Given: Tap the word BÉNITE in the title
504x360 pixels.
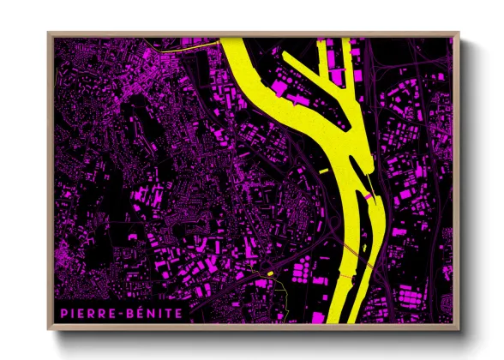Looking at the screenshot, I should (155, 314).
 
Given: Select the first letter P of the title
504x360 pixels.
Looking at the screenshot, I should (64, 314).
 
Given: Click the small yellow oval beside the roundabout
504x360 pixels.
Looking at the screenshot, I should (270, 273).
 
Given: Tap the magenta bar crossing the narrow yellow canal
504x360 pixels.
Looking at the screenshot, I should (369, 197).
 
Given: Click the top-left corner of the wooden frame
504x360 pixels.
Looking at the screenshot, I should (48, 33).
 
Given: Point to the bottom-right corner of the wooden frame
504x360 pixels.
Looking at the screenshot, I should (459, 330).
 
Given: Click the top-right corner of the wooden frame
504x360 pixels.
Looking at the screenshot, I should (459, 33).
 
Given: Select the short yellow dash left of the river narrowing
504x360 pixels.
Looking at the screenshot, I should (325, 172).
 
